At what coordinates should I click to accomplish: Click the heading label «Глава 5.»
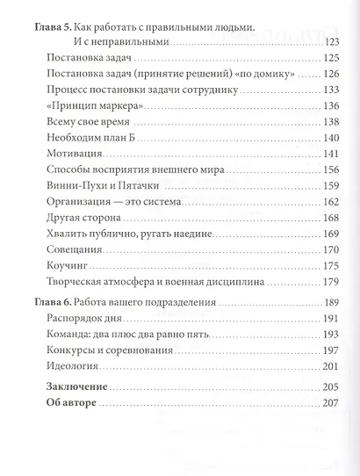point(47,25)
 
